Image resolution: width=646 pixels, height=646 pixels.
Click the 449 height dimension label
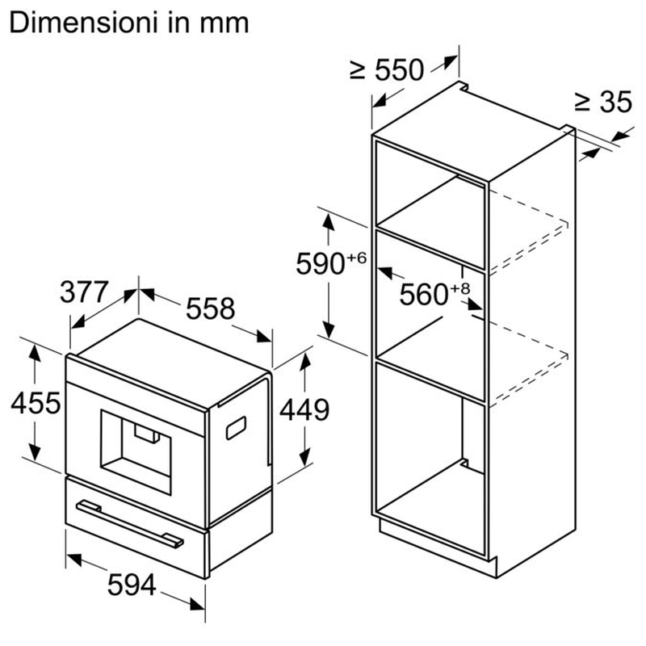point(304,410)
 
